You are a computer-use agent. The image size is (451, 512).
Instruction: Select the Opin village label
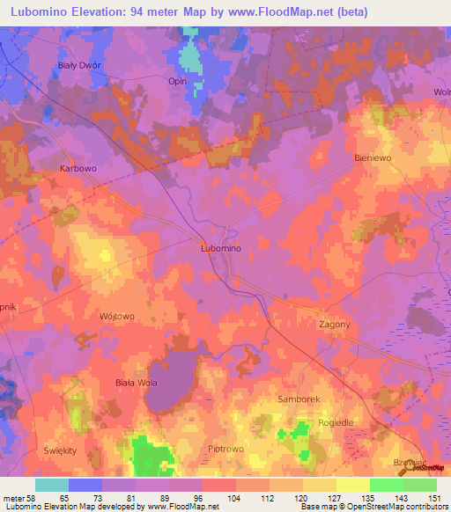[178, 80]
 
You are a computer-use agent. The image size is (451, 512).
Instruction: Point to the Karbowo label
[78, 167]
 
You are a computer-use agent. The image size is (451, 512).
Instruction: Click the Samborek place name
[299, 399]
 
